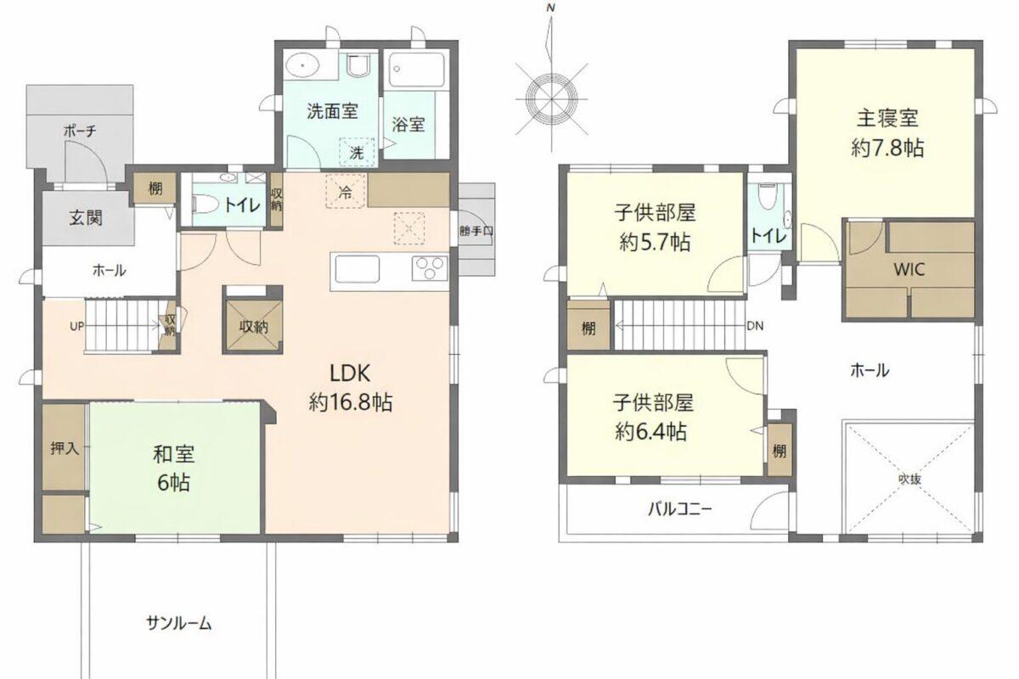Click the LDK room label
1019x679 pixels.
(350, 373)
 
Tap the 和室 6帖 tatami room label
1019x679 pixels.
(174, 469)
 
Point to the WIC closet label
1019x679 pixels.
(909, 270)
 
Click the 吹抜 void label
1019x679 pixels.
(909, 479)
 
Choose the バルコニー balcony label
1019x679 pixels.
(679, 509)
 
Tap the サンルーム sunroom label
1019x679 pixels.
(179, 623)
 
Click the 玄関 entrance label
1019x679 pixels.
(86, 218)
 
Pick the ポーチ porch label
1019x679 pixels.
(80, 132)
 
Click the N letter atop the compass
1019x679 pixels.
(551, 8)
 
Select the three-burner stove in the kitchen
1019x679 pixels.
(430, 268)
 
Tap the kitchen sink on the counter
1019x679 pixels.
(357, 269)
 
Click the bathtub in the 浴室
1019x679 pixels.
(417, 70)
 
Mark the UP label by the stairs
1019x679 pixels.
(76, 326)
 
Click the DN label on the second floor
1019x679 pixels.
(755, 326)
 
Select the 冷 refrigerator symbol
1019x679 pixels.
(346, 192)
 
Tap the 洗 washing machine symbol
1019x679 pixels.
(357, 153)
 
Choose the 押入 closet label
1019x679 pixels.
(65, 448)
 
